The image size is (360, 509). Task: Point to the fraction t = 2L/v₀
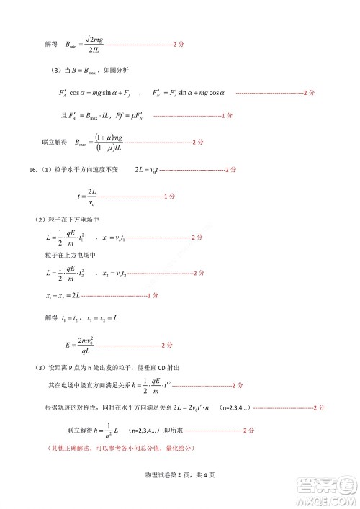[91, 196]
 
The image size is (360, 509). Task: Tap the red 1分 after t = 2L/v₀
[171, 196]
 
